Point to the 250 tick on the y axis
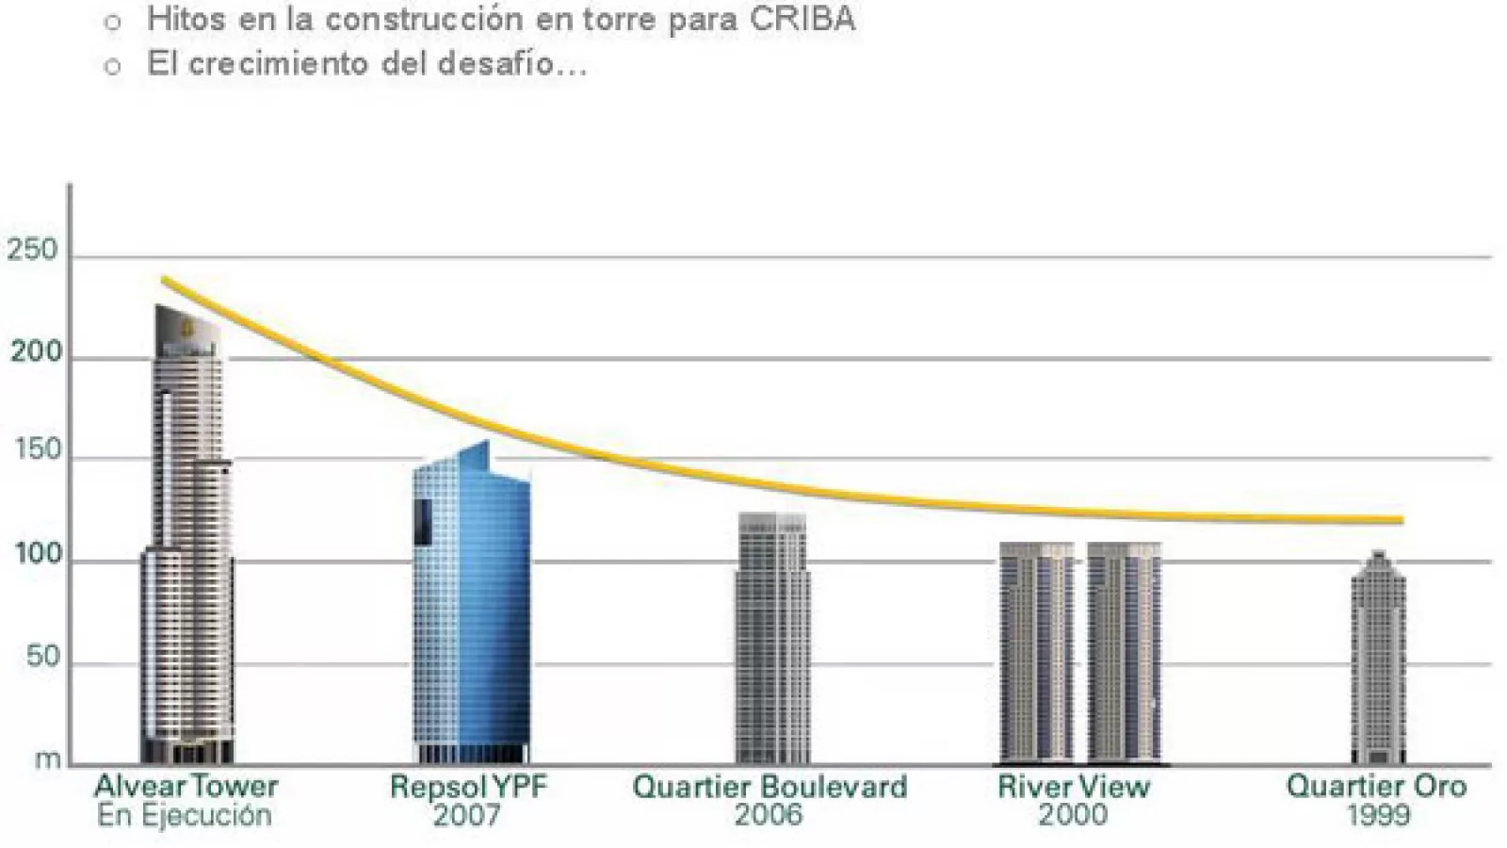(33, 252)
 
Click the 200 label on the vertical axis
(36, 353)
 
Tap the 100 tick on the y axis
(38, 555)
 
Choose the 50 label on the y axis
(43, 657)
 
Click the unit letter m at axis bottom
(47, 759)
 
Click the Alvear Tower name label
(186, 787)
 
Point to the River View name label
(1074, 787)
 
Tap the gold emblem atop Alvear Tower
(187, 328)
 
